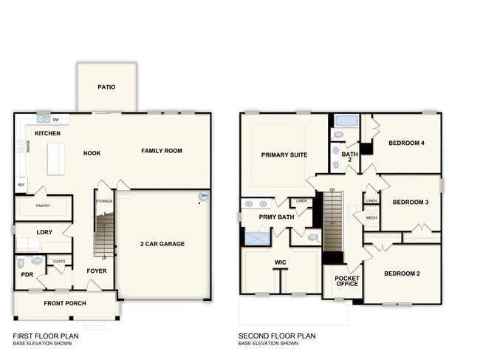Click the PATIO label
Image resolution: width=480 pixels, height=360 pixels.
pos(106,86)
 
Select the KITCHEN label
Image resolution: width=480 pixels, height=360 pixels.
pos(47,134)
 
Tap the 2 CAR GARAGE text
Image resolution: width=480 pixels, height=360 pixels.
pos(162,244)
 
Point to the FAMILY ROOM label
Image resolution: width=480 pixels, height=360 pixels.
pos(162,151)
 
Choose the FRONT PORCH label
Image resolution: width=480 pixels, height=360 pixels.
pos(64,303)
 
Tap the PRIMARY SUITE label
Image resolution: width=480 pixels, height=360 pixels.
pos(284,154)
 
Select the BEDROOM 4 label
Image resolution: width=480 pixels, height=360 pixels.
pos(406,143)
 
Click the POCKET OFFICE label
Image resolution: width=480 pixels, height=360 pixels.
pos(346,282)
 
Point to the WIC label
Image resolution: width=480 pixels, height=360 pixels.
pos(280,262)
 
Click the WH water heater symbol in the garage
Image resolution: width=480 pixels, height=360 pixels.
pos(202,196)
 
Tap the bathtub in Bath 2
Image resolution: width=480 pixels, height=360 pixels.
pos(346,120)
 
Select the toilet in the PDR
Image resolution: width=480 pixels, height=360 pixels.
pos(21,262)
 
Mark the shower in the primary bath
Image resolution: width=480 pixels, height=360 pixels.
pos(258,238)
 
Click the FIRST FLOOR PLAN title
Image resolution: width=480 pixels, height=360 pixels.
pos(46,336)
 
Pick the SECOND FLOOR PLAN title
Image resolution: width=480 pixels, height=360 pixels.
pos(277,336)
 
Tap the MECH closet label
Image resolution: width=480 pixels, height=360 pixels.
pos(371,218)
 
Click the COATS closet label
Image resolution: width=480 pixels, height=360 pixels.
pos(59,261)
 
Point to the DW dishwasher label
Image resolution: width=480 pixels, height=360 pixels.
pos(56,118)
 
